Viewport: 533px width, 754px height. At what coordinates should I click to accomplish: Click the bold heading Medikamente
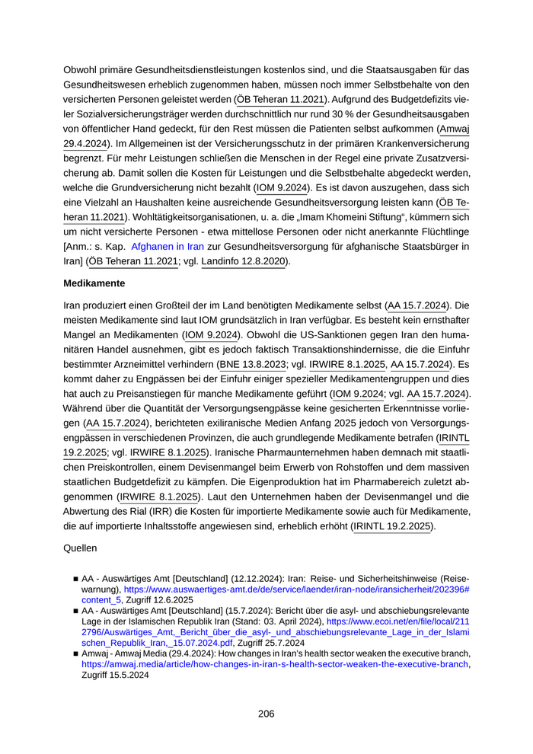94,283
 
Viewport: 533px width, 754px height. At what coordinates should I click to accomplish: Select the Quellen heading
80,546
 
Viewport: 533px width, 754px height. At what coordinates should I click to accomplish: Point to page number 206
266,714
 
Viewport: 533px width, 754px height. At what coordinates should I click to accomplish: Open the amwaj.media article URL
275,663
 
